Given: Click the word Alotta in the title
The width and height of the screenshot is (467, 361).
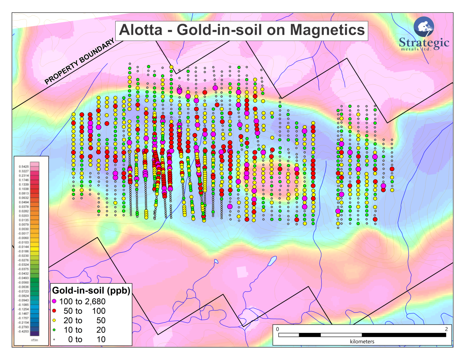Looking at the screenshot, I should pos(140,30).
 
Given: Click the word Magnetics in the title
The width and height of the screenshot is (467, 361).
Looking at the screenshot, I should pos(327,30).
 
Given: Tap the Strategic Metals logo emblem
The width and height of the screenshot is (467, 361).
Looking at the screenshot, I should pos(424,26).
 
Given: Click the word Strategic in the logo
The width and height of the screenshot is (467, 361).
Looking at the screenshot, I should pos(424,42).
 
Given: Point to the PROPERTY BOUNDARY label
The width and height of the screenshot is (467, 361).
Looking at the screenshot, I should pos(79,61).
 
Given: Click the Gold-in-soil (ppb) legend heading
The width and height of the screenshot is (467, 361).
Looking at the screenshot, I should pos(91,290).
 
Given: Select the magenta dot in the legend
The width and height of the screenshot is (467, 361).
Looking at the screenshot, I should pos(54,301).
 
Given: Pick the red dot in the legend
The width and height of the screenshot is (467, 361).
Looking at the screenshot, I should pos(54,311).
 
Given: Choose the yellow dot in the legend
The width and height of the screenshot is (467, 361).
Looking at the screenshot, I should pos(54,320).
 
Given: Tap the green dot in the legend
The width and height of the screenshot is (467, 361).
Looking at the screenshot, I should pos(54,330).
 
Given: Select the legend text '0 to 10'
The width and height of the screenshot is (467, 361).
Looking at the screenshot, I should pos(87,339).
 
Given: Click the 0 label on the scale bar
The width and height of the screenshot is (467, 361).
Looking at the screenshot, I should pos(278,329).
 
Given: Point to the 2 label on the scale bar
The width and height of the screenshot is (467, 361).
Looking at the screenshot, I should pos(446,329).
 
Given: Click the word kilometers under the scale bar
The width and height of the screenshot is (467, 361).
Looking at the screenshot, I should pos(362,341).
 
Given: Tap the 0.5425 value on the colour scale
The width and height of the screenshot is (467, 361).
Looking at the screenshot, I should pos(24,167).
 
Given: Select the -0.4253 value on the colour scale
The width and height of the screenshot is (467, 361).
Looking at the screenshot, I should pos(23,332).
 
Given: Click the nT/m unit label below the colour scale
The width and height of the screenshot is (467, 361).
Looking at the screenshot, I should pos(34,340).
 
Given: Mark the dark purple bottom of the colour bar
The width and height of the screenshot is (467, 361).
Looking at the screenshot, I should pos(35,333).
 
